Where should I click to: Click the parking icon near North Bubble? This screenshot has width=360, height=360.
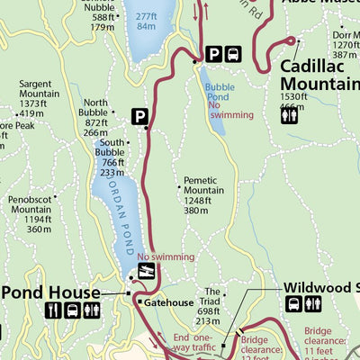[x=140, y=115]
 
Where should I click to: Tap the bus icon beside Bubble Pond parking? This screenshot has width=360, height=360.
[x=233, y=54]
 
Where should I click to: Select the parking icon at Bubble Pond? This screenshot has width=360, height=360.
[x=214, y=54]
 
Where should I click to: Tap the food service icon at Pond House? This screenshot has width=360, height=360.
[x=52, y=310]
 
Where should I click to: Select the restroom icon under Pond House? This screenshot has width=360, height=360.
[x=91, y=310]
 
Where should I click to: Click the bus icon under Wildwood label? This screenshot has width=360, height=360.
[x=293, y=305]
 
